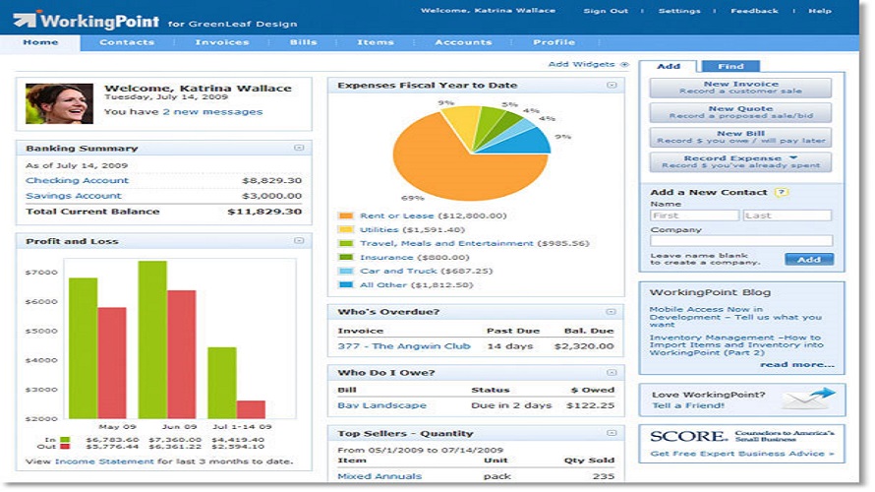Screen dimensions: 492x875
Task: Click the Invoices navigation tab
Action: click(221, 42)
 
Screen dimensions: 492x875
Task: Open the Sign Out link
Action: click(606, 11)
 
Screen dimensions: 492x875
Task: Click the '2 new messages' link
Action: click(212, 112)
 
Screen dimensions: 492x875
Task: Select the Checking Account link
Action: click(77, 181)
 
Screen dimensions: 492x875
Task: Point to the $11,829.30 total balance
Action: click(264, 212)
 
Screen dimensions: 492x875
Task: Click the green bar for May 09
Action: click(83, 347)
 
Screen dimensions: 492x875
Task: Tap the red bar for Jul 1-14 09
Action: click(251, 409)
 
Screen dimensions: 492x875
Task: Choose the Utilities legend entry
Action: click(379, 229)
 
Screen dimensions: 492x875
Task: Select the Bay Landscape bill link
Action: click(381, 405)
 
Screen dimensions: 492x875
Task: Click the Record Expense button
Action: click(740, 162)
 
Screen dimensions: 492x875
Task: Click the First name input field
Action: click(694, 215)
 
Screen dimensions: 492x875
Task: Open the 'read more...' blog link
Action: click(797, 364)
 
